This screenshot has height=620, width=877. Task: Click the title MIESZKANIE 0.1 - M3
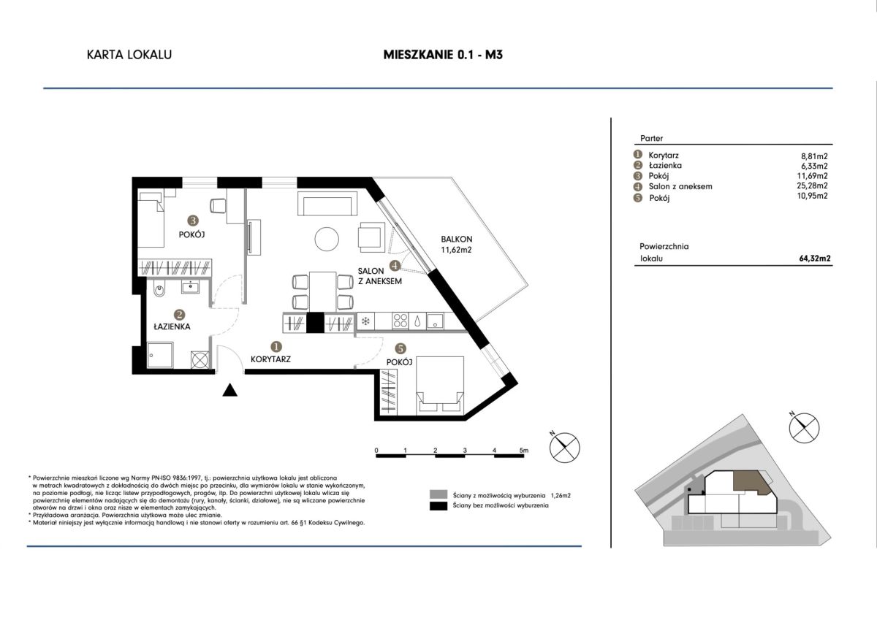(443, 55)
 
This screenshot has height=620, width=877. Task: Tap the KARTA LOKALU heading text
(129, 55)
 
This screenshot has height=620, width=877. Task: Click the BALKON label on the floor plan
(457, 239)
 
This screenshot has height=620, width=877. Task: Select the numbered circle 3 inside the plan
(192, 221)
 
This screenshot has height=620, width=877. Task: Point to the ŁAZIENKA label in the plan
(172, 326)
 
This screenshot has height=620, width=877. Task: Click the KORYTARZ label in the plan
(270, 359)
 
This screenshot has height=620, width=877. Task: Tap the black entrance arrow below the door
(229, 390)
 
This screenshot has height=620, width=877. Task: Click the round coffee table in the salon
(327, 239)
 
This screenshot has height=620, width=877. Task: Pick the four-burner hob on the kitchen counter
(400, 321)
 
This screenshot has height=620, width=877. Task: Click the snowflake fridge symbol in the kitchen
(365, 321)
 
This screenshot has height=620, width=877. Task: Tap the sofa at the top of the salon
(327, 204)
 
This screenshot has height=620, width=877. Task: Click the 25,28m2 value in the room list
(812, 185)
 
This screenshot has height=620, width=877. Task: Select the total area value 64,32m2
(814, 259)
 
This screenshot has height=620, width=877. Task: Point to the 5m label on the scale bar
(524, 451)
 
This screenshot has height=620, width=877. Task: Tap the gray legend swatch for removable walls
(438, 494)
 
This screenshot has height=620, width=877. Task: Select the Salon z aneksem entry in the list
(680, 187)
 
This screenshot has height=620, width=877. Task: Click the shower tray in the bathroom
(160, 355)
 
